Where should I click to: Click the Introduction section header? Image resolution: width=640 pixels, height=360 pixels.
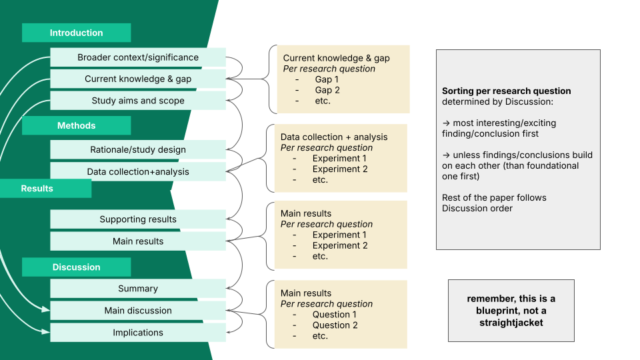[76, 33]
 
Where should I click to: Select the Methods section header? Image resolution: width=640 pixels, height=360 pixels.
[76, 125]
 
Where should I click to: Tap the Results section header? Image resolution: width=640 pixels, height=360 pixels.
[37, 189]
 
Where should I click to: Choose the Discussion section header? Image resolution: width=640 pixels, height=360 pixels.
[76, 267]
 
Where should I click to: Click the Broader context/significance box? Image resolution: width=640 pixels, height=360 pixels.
[138, 57]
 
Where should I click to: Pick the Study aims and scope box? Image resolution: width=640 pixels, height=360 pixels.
[138, 101]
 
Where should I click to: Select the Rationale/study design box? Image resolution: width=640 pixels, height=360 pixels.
[138, 149]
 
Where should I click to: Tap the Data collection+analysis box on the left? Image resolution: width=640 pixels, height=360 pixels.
[138, 171]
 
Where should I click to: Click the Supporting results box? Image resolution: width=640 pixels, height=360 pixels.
[138, 219]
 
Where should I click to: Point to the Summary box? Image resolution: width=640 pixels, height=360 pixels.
[138, 289]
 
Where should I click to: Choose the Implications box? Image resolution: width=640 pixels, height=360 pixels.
[138, 333]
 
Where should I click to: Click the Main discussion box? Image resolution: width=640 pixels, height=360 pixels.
[138, 311]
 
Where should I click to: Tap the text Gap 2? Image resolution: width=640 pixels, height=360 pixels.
[327, 90]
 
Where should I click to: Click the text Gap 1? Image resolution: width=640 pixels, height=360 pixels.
[327, 79]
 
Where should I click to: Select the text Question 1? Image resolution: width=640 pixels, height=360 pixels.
[334, 315]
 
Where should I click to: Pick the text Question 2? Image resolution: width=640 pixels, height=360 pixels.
[335, 325]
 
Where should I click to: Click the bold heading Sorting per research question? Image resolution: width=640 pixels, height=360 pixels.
[506, 91]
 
